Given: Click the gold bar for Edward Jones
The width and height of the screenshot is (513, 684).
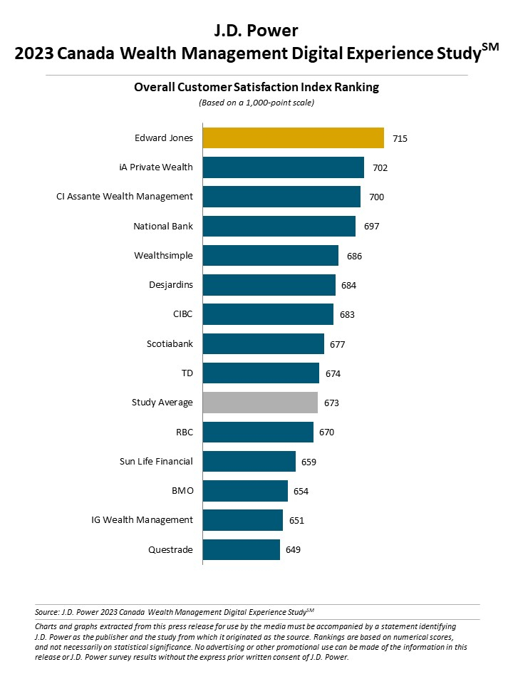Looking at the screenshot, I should (293, 138).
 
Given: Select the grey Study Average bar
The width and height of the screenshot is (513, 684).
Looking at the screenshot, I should (260, 403).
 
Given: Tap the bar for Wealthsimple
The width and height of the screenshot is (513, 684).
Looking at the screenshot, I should (270, 255).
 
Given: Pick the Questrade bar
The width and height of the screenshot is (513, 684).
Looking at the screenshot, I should (241, 549).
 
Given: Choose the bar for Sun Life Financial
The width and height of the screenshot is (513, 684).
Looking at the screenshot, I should (249, 461).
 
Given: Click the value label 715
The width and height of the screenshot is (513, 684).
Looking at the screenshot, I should (400, 138).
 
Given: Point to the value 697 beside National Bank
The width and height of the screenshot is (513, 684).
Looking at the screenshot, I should (371, 227).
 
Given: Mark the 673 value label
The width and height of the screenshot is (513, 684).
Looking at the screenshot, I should (331, 403).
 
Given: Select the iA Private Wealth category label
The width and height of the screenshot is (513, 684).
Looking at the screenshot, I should (156, 167).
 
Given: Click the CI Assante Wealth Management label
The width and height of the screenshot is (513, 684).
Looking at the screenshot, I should (125, 197).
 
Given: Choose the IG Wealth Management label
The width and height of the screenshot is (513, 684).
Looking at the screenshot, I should (137, 520).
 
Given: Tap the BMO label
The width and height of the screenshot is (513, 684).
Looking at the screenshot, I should (181, 491).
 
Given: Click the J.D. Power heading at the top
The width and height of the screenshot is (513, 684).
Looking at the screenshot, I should (256, 31).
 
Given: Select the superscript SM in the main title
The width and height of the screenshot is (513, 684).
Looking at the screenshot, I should (489, 46).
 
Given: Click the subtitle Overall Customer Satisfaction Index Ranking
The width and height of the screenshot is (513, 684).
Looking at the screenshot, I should (256, 88).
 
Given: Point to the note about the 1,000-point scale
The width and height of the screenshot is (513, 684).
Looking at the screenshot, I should (256, 103).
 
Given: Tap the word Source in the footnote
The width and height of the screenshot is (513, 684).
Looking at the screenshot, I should (46, 611).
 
